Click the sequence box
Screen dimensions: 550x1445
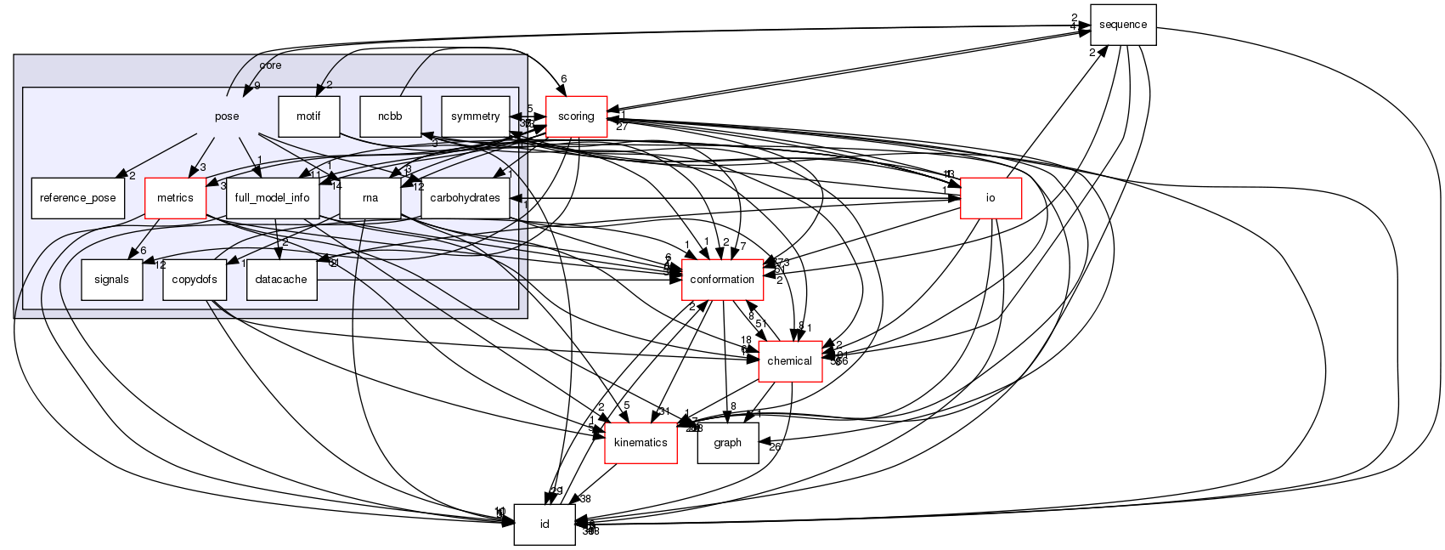coord(1122,25)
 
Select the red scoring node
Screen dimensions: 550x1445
coord(575,116)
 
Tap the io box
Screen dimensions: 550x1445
coord(990,198)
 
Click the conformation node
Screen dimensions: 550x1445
coord(722,280)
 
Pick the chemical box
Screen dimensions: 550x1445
coord(789,361)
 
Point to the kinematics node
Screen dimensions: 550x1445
coord(641,443)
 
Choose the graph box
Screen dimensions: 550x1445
coord(727,443)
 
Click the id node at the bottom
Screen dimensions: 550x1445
coord(544,524)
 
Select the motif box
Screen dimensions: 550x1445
coord(309,116)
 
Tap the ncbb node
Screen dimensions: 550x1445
coord(391,116)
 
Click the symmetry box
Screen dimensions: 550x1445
coord(475,116)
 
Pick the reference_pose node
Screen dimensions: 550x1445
coord(77,198)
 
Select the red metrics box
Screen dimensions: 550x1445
coord(174,198)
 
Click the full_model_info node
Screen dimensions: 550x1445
coord(272,198)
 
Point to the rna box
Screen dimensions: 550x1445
coord(370,198)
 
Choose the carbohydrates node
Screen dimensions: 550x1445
coord(465,198)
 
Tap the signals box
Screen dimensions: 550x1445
coord(111,280)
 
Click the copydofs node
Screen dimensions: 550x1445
coord(195,280)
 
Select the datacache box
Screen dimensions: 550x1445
coord(281,280)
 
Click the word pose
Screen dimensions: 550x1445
coord(226,116)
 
